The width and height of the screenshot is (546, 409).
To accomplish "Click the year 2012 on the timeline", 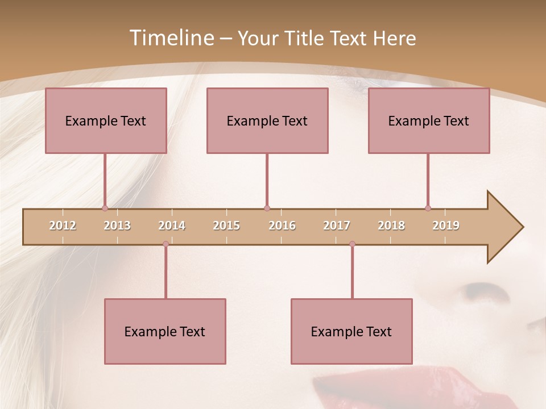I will [x=63, y=226].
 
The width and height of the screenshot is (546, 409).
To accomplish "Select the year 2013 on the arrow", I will [x=117, y=226].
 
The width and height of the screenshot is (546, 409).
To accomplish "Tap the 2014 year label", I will [x=172, y=226].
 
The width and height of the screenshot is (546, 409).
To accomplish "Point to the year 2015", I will [x=226, y=226].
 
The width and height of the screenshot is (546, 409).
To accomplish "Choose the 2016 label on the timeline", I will [x=282, y=226].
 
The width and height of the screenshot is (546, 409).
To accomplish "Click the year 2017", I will [x=337, y=226].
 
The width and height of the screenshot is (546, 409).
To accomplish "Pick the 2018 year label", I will [x=391, y=226].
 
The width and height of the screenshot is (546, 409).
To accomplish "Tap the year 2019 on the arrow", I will [x=446, y=226].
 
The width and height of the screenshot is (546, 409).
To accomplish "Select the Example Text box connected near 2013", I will [x=106, y=120].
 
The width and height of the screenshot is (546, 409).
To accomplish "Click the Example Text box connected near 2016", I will [x=267, y=120].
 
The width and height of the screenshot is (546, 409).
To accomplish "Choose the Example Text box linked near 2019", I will [x=429, y=120].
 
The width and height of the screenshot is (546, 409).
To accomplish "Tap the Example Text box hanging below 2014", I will [x=165, y=331].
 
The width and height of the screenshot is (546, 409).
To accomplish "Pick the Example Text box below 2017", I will [x=351, y=331].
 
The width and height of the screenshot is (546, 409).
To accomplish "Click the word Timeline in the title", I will [x=171, y=38].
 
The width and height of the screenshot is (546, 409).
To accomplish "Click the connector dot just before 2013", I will [x=105, y=208].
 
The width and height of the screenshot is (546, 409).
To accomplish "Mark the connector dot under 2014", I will [x=166, y=244].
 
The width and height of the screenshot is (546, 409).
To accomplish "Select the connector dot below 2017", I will [x=352, y=244].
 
